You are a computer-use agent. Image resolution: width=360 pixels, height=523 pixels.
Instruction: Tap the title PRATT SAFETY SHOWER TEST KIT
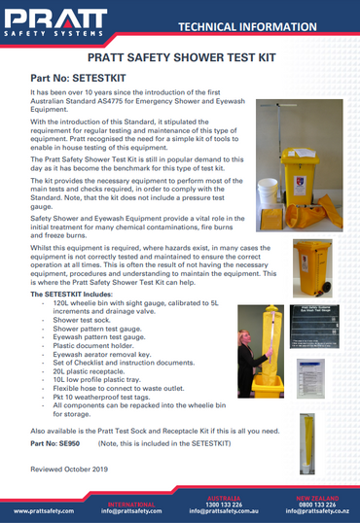coord(179,58)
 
